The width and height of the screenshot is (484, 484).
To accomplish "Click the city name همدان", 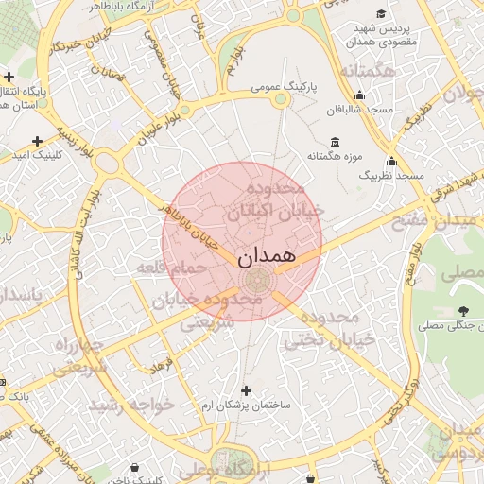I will click(x=267, y=255).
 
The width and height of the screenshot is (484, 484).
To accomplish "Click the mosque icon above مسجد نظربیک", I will click(x=391, y=162).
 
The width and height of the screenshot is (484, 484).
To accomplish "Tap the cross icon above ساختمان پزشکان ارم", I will click(x=247, y=390).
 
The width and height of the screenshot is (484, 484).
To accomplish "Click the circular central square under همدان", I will click(x=257, y=281).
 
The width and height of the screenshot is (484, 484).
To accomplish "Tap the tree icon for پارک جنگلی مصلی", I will click(x=462, y=310).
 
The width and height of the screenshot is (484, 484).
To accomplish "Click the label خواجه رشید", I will click(x=131, y=404).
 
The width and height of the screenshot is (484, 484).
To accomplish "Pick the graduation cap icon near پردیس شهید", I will click(x=381, y=14).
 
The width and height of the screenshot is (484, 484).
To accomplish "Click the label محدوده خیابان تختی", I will click(x=339, y=327).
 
